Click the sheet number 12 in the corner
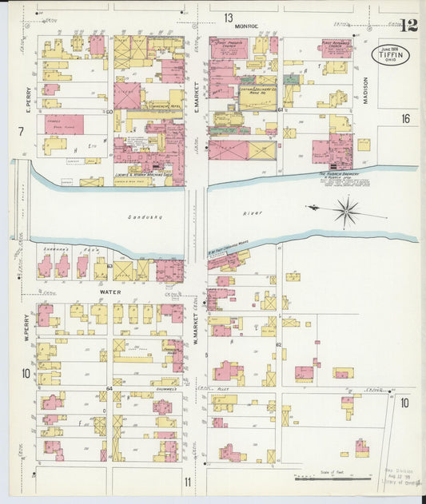(408, 25)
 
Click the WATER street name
(109, 292)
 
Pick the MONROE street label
(246, 27)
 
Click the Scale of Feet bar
(332, 479)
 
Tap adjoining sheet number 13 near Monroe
(229, 18)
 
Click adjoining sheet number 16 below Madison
(406, 118)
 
